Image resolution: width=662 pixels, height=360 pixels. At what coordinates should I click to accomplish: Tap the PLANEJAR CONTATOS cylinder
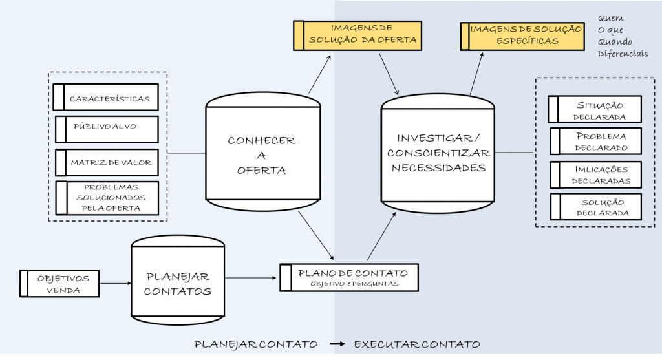pos(177,283)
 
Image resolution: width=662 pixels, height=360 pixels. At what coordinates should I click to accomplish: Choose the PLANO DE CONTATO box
pos(349,277)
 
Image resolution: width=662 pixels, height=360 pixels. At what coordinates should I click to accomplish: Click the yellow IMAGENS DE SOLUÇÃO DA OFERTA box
pos(358,35)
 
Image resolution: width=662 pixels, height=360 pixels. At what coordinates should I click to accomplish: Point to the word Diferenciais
pos(623,54)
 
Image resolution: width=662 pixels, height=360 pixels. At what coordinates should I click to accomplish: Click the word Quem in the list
pos(610,19)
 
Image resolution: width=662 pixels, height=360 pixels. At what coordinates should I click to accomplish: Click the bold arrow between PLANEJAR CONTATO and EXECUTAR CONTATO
pos(337,344)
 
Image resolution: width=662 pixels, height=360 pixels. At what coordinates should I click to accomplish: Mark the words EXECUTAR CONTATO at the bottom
pos(417,344)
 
